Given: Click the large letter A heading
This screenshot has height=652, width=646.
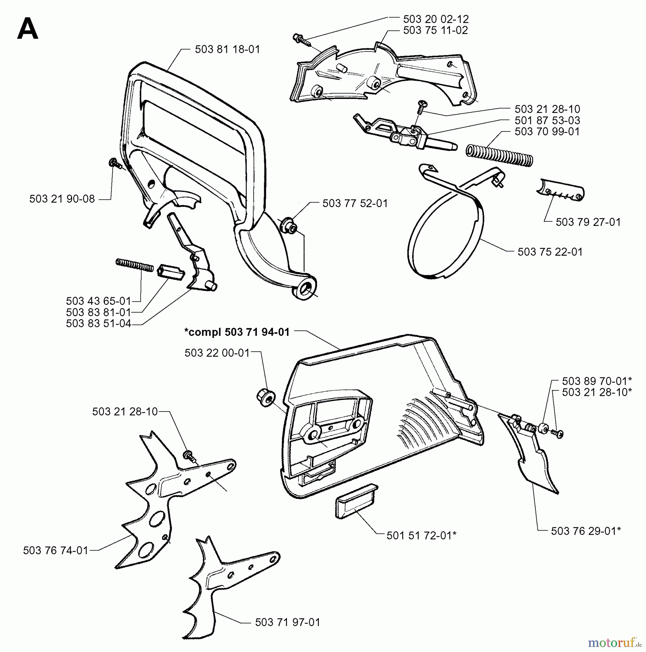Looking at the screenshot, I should click(28, 30).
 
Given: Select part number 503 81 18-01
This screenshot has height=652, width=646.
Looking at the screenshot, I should click(227, 49).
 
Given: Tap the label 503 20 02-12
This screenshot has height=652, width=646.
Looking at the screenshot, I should click(435, 19).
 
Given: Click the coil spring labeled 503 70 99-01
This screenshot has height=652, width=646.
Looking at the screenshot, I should click(499, 155).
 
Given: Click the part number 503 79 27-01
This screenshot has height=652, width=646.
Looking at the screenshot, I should click(588, 222).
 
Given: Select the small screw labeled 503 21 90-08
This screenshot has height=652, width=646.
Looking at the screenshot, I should click(114, 163).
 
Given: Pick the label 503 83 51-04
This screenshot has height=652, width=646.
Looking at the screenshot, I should click(98, 323).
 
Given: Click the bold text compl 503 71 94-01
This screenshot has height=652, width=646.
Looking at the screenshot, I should click(237, 332).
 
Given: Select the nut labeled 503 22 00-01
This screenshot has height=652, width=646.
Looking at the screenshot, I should click(266, 397).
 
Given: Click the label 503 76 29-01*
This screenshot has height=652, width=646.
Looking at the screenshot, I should click(586, 531).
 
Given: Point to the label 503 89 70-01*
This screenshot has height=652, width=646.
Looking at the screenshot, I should click(597, 381).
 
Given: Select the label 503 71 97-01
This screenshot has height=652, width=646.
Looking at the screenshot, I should click(287, 622).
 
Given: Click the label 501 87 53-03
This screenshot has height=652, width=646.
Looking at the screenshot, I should click(547, 120).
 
